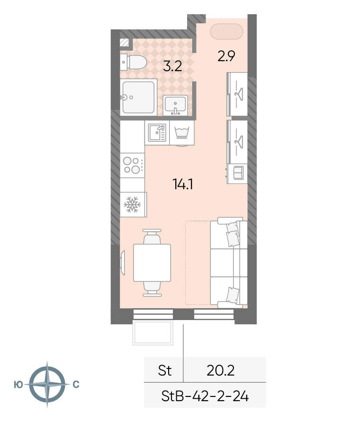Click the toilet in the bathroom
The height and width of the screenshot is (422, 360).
point(133,62)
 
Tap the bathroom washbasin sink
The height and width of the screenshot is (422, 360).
point(175,105)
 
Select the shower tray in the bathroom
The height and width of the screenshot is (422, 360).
point(138,97)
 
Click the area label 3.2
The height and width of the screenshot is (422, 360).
point(172,66)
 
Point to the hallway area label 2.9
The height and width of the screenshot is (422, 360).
point(226,56)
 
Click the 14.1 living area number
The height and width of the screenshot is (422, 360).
point(183,184)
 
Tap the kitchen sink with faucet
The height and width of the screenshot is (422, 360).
point(157,133)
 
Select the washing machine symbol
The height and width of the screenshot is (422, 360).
point(182,133)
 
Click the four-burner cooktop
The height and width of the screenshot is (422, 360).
point(132,165)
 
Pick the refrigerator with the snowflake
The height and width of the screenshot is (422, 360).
point(133,204)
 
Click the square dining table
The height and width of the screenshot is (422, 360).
point(152,263)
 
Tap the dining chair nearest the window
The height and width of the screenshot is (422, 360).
point(152,289)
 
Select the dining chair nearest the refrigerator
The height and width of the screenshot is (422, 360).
point(152,237)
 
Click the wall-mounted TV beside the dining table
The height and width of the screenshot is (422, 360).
point(123,263)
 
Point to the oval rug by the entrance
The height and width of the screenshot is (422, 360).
point(226,31)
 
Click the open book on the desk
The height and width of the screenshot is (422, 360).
point(238,173)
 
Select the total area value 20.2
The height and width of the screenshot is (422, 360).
point(220,370)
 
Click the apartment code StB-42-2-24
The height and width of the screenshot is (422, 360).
point(205,396)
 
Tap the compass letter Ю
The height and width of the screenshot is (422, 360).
point(18,385)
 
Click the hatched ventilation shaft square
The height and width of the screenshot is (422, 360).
point(125,43)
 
